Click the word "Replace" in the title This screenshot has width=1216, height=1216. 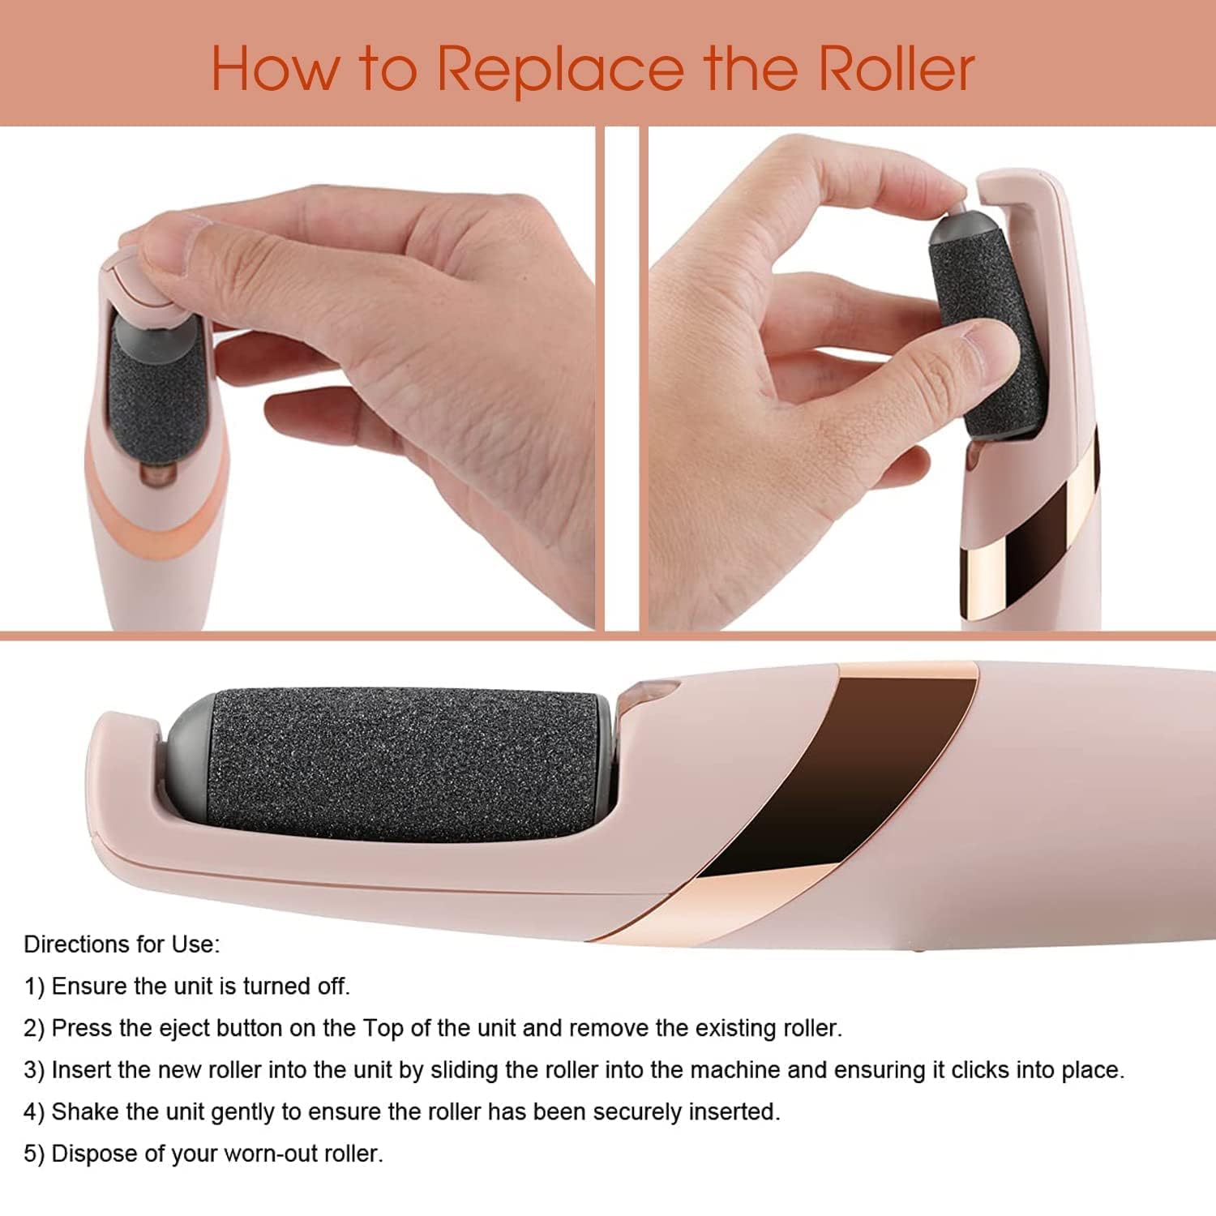coord(561,70)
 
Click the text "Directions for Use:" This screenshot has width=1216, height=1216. coord(122,944)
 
